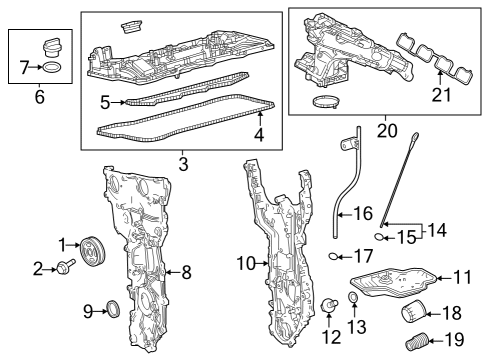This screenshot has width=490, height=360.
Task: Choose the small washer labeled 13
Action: tap(354, 298)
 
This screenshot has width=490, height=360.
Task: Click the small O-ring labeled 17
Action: tap(336, 256)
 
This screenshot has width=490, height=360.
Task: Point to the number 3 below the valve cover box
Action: tap(182, 162)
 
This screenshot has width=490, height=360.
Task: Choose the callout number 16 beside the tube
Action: tap(363, 213)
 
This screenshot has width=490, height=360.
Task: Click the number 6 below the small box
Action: tap(39, 98)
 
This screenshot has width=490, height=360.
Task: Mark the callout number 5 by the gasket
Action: tap(105, 102)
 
